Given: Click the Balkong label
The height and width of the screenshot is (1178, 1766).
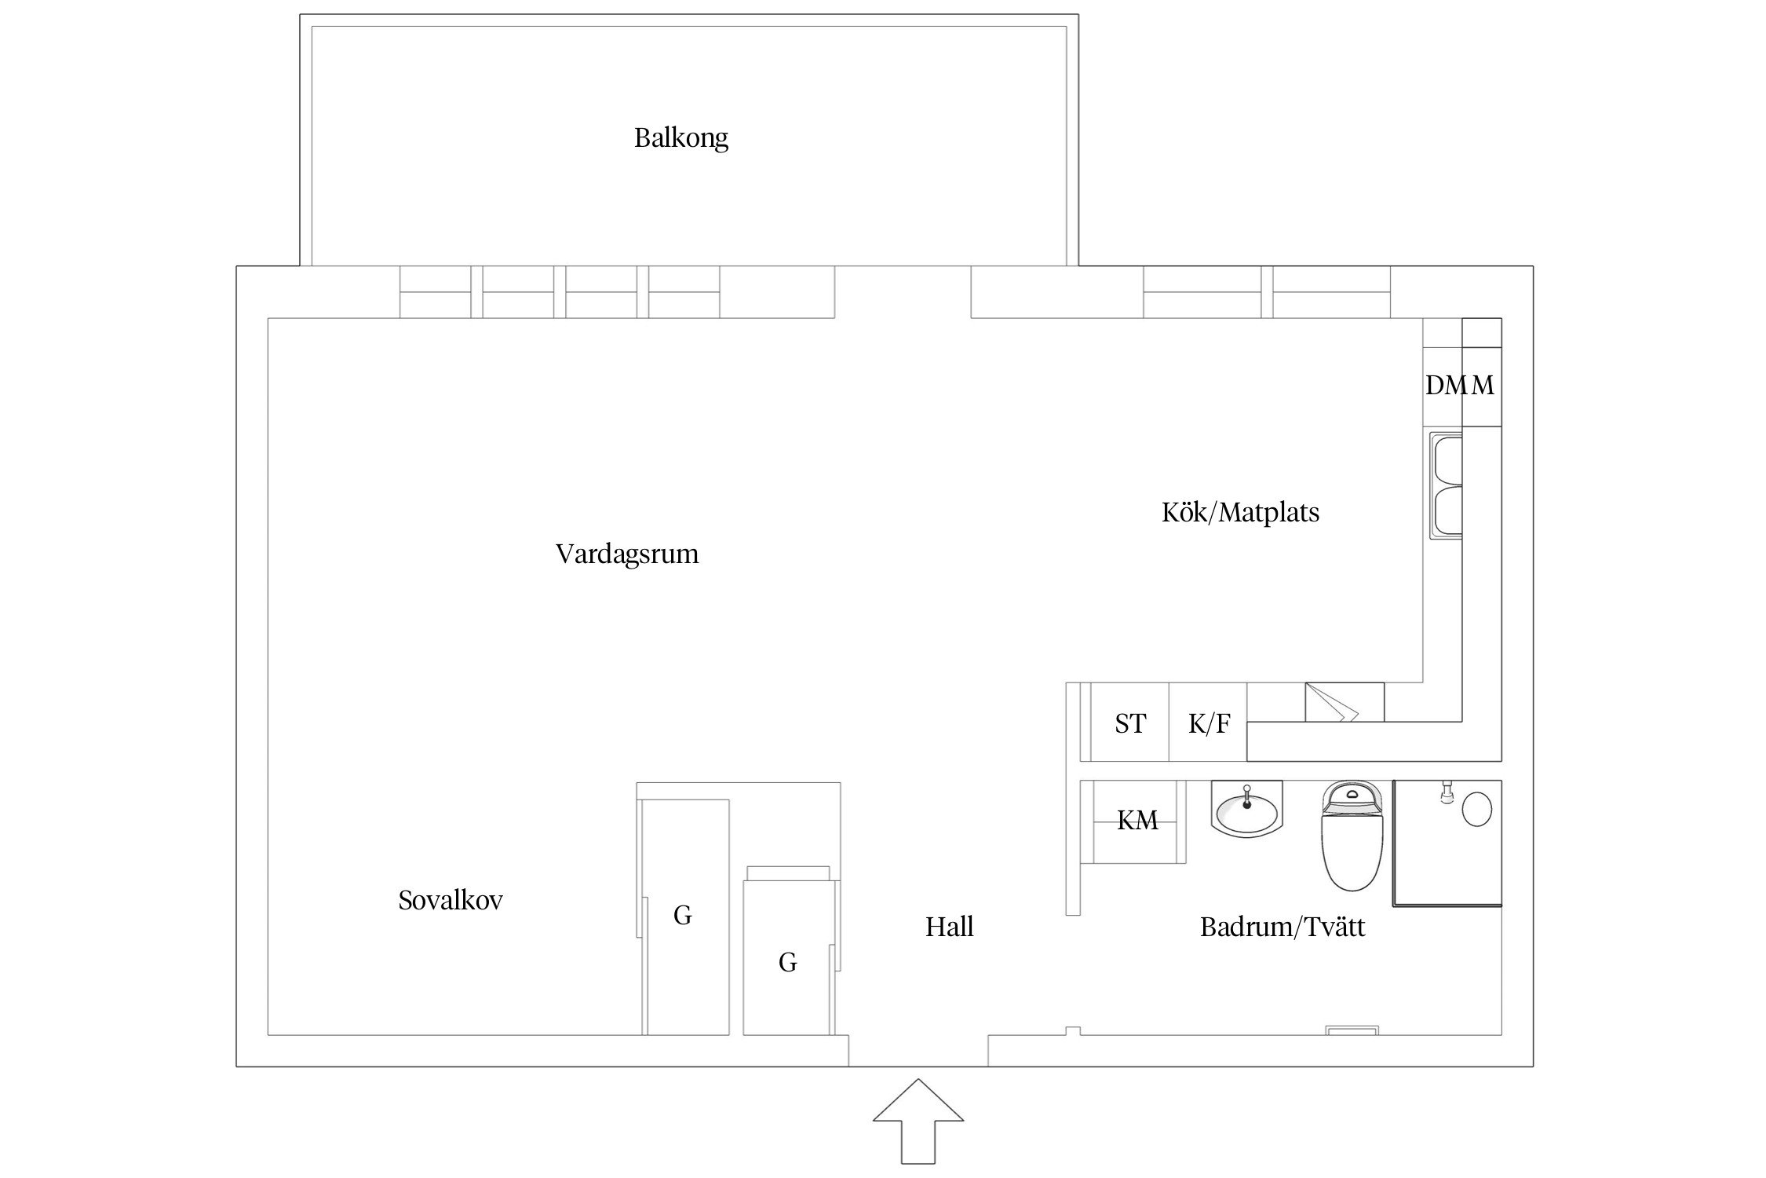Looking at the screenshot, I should click(680, 138).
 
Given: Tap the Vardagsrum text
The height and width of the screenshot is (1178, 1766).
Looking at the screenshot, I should click(626, 554).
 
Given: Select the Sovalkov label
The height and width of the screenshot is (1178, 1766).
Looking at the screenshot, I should click(450, 900).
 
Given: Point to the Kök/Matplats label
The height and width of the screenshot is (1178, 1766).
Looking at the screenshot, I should click(1239, 513).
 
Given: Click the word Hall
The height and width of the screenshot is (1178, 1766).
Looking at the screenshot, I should click(949, 927).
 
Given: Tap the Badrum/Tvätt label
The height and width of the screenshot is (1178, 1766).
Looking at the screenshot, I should click(1282, 927).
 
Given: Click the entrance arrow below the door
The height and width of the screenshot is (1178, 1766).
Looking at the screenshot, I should click(918, 1131).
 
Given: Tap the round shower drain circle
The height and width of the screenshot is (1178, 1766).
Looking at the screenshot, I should click(1477, 809).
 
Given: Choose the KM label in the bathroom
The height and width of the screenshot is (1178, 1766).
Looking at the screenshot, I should click(1137, 821).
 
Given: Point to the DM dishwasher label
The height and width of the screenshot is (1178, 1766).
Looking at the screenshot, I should click(1443, 386).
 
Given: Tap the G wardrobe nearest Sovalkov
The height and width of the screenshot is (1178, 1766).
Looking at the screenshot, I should click(682, 916).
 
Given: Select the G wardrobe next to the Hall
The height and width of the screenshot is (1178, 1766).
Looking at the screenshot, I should click(787, 963).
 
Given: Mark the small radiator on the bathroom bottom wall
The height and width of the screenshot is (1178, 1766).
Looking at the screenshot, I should click(1352, 1030).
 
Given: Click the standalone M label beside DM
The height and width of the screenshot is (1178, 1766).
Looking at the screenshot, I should click(1483, 386).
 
